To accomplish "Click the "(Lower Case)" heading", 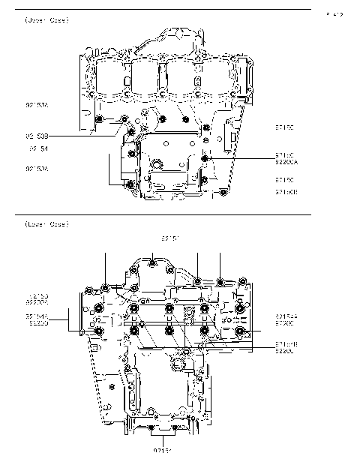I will coord(46,224).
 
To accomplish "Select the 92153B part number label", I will coord(37,136).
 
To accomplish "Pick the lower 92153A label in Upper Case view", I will coord(37,169).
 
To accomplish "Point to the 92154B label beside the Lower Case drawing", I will coord(286,343).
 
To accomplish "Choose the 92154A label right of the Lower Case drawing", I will coord(286,316).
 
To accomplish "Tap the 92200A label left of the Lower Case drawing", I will coord(37,302).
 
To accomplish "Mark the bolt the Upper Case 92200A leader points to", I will coord(205,158).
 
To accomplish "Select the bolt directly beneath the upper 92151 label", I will coord(152,262).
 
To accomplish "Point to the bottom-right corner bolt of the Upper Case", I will coord(224,193).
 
